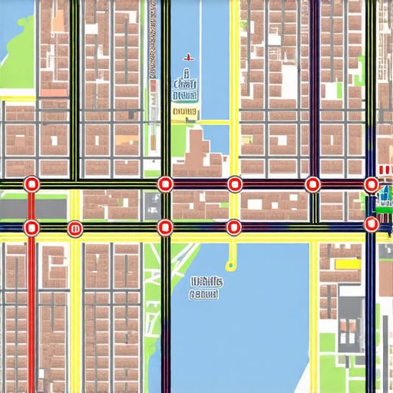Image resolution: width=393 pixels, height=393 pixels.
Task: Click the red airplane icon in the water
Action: tap(187, 58)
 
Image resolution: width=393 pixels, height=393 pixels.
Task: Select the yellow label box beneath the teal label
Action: tap(184, 113)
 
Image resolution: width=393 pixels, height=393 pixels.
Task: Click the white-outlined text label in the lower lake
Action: tap(204, 287)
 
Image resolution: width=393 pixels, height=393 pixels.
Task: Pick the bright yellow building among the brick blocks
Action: tap(347, 263)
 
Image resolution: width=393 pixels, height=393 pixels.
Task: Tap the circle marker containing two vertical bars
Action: tap(74, 227)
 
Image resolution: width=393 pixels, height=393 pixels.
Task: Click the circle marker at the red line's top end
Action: tap(31, 184)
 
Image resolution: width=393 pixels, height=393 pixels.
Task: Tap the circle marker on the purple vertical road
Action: tap(312, 184)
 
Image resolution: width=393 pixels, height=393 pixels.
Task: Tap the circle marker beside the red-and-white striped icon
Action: tap(372, 184)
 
